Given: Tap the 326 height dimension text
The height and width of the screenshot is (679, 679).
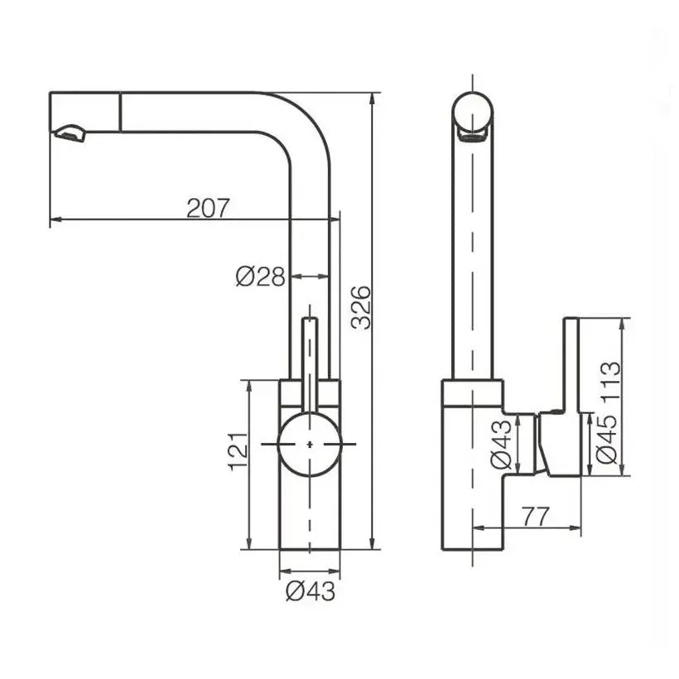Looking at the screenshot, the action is tap(361, 307).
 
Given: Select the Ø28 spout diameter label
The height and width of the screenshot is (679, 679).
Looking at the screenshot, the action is tap(260, 277).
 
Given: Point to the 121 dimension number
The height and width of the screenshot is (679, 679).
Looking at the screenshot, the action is tap(238, 451).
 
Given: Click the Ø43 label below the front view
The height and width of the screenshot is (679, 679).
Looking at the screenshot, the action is tap(311, 591).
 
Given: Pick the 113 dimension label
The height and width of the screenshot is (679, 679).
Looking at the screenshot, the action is tap(609, 381).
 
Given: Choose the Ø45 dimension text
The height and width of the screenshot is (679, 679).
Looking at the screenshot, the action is tap(606, 439).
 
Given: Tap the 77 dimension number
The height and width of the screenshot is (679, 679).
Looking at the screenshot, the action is tap(536, 516).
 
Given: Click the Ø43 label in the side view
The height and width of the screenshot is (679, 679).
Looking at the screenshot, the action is tap(502, 445).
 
